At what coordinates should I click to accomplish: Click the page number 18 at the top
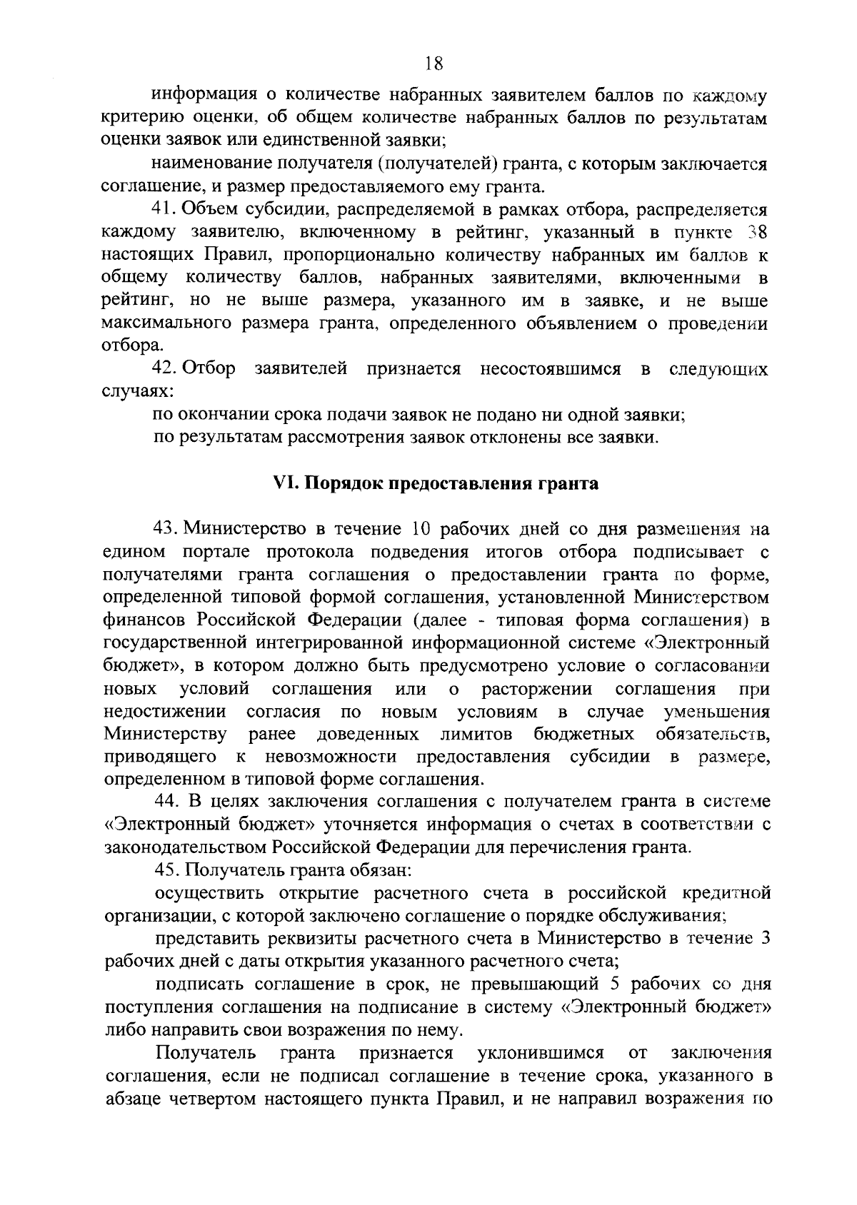434,65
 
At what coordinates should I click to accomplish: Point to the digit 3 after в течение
765,939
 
